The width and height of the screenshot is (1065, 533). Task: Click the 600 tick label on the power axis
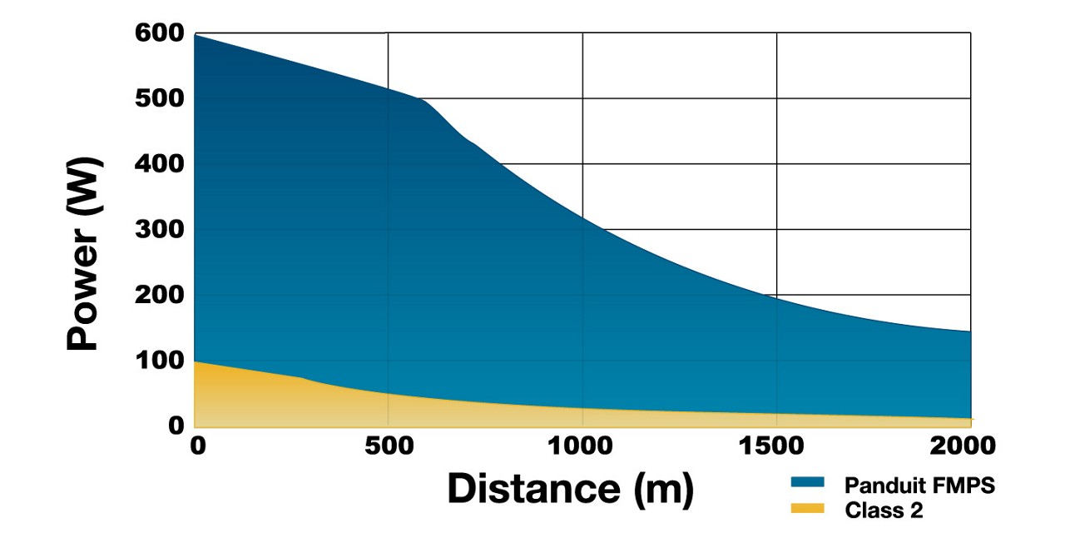point(159,34)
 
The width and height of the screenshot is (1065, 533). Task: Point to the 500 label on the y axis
point(159,99)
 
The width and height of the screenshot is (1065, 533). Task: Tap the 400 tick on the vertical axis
point(159,164)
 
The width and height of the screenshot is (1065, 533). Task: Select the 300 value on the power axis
point(159,230)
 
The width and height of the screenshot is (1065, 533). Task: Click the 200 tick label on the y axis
point(159,296)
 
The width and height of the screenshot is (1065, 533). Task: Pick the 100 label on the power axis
point(159,361)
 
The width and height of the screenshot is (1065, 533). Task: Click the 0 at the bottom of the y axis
point(176,426)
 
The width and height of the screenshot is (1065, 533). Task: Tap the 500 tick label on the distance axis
point(388,446)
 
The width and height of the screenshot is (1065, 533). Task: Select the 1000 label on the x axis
point(582,446)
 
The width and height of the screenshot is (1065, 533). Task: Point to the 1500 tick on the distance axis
point(775,446)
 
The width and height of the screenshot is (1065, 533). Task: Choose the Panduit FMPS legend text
point(919,486)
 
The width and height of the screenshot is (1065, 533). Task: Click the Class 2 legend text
point(884,510)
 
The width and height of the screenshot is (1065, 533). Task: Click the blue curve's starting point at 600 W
point(195,35)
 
